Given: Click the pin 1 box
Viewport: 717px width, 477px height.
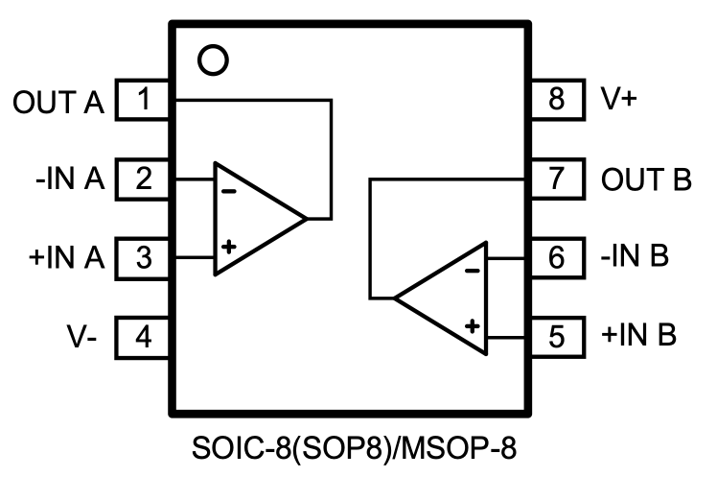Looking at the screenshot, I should (143, 99).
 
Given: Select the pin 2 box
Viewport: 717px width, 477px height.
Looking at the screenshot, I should (143, 179).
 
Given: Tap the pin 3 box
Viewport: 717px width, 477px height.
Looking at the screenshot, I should (143, 257).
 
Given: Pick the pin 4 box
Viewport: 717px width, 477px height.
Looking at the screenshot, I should (143, 337).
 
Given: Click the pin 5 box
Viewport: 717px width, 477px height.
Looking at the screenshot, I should (557, 337).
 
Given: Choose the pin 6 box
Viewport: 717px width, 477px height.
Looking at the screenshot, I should (557, 257).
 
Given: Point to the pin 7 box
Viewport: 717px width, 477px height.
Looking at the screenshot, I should (557, 179).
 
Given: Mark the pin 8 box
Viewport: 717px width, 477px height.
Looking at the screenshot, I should (557, 99).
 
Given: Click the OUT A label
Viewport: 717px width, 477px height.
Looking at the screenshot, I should (58, 101).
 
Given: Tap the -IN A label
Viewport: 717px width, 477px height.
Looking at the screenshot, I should (69, 179).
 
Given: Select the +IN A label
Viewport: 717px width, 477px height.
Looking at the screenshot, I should (65, 258).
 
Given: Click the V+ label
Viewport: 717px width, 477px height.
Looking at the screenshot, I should (621, 100).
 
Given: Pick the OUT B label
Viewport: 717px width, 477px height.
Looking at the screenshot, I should (646, 179).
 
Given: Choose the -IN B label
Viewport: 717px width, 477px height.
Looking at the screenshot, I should (636, 258).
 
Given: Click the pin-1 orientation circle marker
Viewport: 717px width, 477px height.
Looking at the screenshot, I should (213, 60).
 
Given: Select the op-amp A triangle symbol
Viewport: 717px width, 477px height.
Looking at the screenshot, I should (255, 219).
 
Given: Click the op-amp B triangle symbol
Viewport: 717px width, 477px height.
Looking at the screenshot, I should (446, 298).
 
